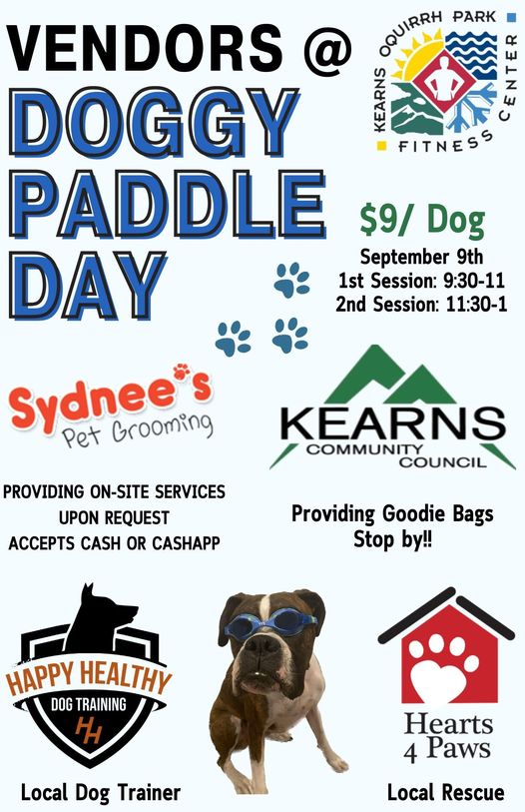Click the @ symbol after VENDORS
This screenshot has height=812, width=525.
tap(327, 49)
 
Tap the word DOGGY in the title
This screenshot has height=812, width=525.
tap(155, 123)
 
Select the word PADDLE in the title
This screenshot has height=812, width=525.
tap(168, 205)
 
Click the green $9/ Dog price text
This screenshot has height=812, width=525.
tap(422, 221)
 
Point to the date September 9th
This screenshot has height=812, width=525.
tap(421, 257)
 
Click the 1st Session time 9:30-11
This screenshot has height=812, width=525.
tap(474, 281)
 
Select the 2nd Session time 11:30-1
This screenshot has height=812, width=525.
tap(476, 304)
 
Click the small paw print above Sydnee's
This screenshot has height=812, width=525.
tap(182, 372)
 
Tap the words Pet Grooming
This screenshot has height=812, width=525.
tap(137, 428)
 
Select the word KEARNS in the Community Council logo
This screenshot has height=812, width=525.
tap(392, 423)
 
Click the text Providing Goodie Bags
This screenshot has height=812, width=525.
tap(392, 513)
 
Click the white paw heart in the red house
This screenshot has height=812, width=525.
tap(444, 668)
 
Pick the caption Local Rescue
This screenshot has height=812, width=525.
tap(445, 792)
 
